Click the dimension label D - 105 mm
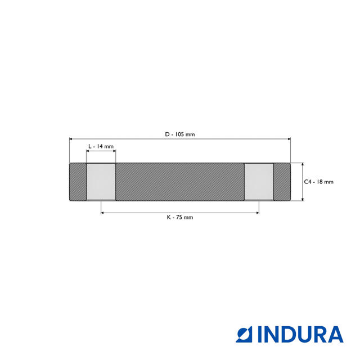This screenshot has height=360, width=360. tap(180, 134)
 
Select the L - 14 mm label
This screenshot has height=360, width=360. tap(101, 146)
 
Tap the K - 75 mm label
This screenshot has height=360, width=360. tap(180, 217)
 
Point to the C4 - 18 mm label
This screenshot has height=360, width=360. tap(319, 182)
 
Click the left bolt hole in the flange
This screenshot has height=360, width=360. tap(101, 182)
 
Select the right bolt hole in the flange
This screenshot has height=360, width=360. tap(259, 182)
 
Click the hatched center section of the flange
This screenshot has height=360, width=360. tap(180, 182)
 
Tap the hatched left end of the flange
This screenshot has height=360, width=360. tap(77, 182)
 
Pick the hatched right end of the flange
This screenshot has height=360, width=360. tap(282, 182)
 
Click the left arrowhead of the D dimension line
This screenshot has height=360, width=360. tap(70, 138)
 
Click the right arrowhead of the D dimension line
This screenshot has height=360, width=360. tap(289, 138)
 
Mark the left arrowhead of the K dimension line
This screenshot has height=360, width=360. tap(102, 213)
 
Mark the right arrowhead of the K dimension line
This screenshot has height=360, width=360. tap(258, 213)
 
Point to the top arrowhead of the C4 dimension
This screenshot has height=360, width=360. tap(303, 165)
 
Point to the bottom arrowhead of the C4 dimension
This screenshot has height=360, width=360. tap(303, 199)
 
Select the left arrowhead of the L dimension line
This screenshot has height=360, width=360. tap(88, 151)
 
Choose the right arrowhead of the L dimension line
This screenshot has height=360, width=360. tap(114, 151)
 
